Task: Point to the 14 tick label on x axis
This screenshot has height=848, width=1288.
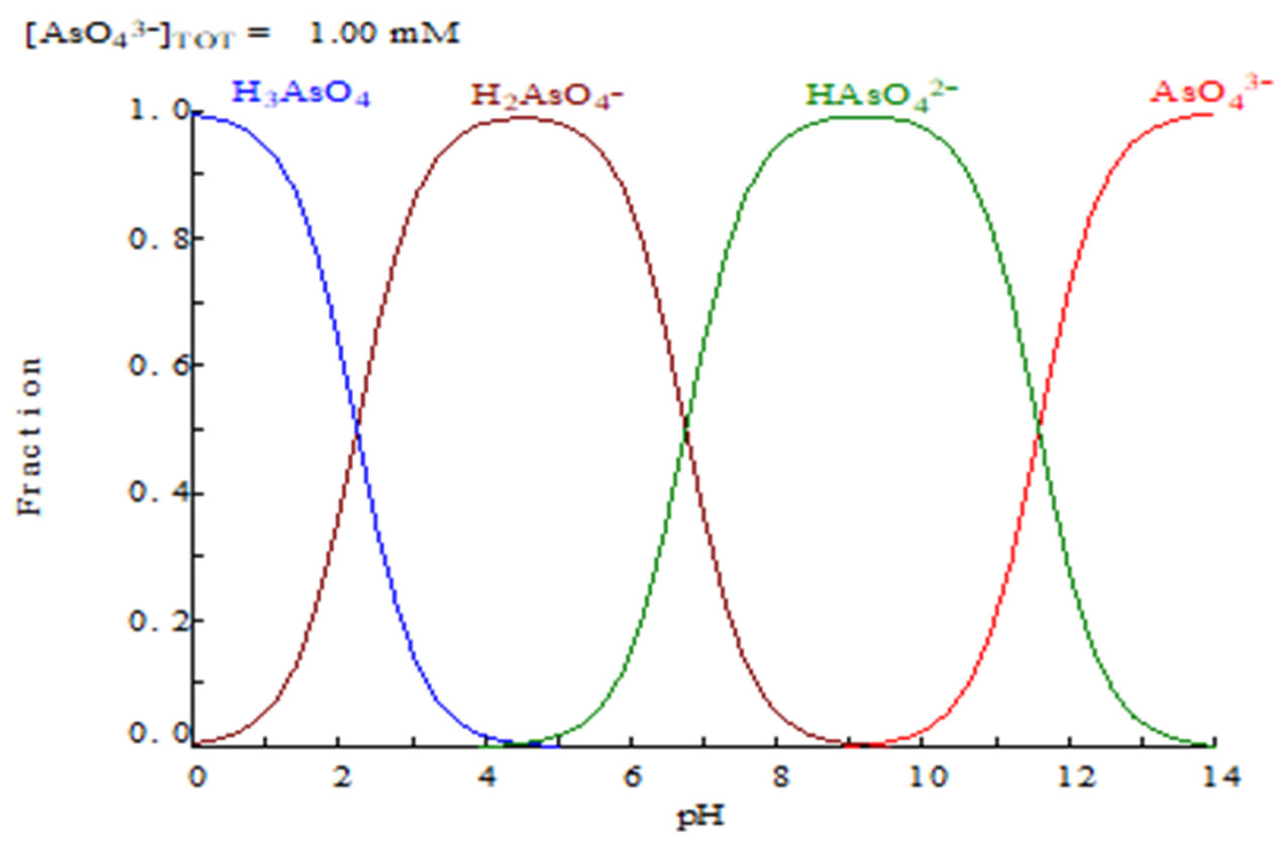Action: (1214, 778)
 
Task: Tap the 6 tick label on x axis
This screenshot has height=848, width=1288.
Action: (632, 778)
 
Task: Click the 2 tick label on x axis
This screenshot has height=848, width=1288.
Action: (340, 778)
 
